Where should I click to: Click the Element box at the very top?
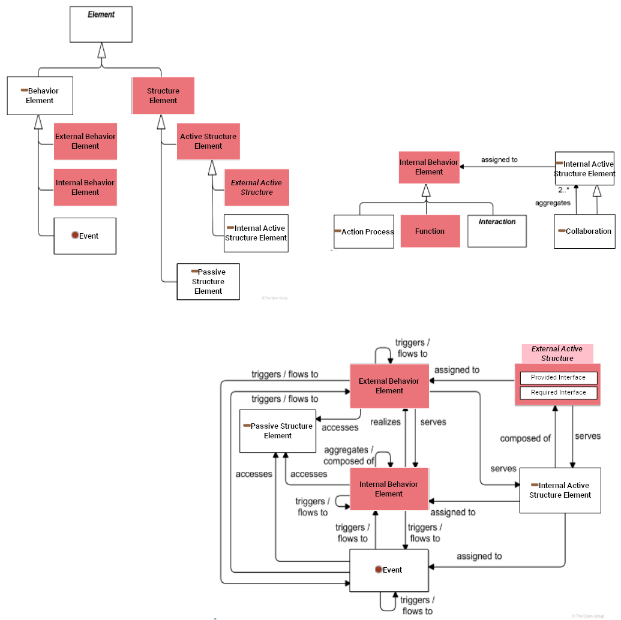point(101,25)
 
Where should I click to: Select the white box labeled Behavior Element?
point(40,96)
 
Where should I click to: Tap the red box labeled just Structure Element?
point(163,96)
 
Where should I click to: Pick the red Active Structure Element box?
point(208,142)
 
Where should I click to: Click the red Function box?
point(430,231)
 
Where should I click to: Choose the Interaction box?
point(497,231)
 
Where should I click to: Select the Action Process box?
point(364,231)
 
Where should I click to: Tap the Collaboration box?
point(584,231)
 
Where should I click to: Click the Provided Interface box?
point(558,378)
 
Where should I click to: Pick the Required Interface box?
point(558,393)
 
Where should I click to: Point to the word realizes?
point(385,422)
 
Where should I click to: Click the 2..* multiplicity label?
point(563,190)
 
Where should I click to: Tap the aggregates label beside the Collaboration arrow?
point(553,203)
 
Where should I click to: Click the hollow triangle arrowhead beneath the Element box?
point(101,50)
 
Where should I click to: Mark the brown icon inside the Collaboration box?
point(562,231)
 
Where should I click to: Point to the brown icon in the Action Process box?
point(338,231)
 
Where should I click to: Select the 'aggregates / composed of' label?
point(349,456)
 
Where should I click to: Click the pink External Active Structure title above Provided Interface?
point(557,353)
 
